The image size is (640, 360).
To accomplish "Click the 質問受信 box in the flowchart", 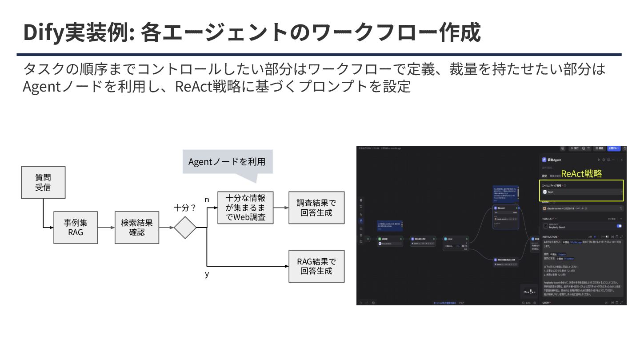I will tap(43, 182).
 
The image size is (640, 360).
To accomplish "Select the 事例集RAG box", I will tap(76, 227).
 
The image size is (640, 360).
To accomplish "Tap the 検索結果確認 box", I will tap(137, 227).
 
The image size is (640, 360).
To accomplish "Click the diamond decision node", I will tap(185, 228).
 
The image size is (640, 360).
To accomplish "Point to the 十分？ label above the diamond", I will tap(185, 208).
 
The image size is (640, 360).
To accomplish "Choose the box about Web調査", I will tap(245, 208).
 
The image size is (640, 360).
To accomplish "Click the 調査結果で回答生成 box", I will tap(316, 208).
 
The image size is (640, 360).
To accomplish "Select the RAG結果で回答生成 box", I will tap(316, 266).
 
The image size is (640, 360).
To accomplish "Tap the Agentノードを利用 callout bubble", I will tap(227, 162).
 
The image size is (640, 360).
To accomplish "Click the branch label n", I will tap(207, 200).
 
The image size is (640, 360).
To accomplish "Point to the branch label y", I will tap(207, 274).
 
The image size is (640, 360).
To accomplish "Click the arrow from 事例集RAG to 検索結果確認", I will tap(106, 228).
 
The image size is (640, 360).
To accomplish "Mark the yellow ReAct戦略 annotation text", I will tap(581, 174).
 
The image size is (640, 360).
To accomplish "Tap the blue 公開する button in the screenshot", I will tap(614, 148).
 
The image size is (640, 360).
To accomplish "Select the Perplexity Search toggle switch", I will tap(619, 226).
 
